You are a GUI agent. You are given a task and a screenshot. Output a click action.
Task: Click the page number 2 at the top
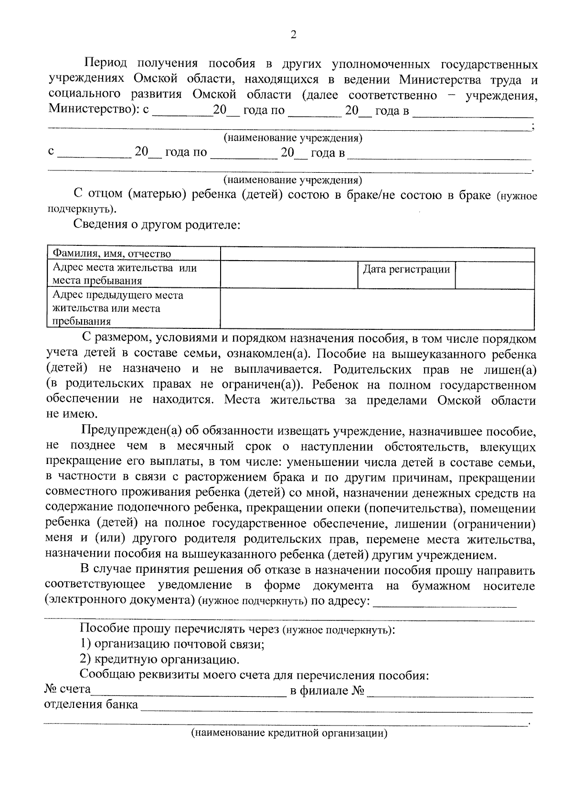293,34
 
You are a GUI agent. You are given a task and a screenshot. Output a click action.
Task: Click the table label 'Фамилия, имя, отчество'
112,254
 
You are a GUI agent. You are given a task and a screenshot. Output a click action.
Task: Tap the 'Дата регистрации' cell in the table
406,270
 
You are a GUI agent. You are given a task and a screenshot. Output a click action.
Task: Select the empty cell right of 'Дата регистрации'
494,274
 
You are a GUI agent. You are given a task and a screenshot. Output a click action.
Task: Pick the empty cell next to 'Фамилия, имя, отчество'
377,254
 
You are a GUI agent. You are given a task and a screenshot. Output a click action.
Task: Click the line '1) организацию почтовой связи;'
172,644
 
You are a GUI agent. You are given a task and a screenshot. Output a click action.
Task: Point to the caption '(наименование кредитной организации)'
289,733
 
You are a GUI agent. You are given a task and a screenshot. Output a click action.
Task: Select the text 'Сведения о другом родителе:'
157,224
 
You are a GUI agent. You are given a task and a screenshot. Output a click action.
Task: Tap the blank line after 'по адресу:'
445,601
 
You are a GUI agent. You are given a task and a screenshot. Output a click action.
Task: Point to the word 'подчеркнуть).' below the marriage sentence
82,209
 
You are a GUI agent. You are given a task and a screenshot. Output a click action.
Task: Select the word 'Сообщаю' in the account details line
108,675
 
